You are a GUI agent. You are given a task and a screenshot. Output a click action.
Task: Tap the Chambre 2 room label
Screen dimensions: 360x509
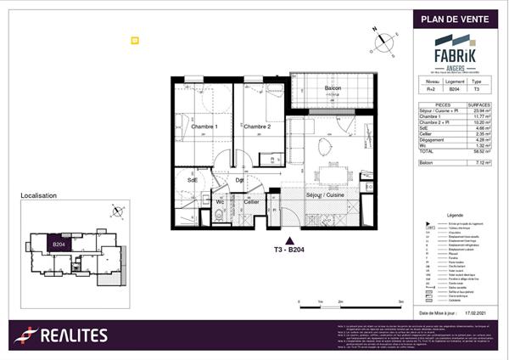[256, 127]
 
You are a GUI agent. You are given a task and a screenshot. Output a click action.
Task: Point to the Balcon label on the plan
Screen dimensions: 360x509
[333, 90]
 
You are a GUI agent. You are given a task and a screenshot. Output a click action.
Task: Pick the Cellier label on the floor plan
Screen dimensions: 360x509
[251, 202]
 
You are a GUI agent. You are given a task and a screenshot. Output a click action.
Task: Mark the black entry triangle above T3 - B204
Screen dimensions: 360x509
[291, 240]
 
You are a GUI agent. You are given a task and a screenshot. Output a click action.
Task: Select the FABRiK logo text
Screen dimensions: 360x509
[455, 54]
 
